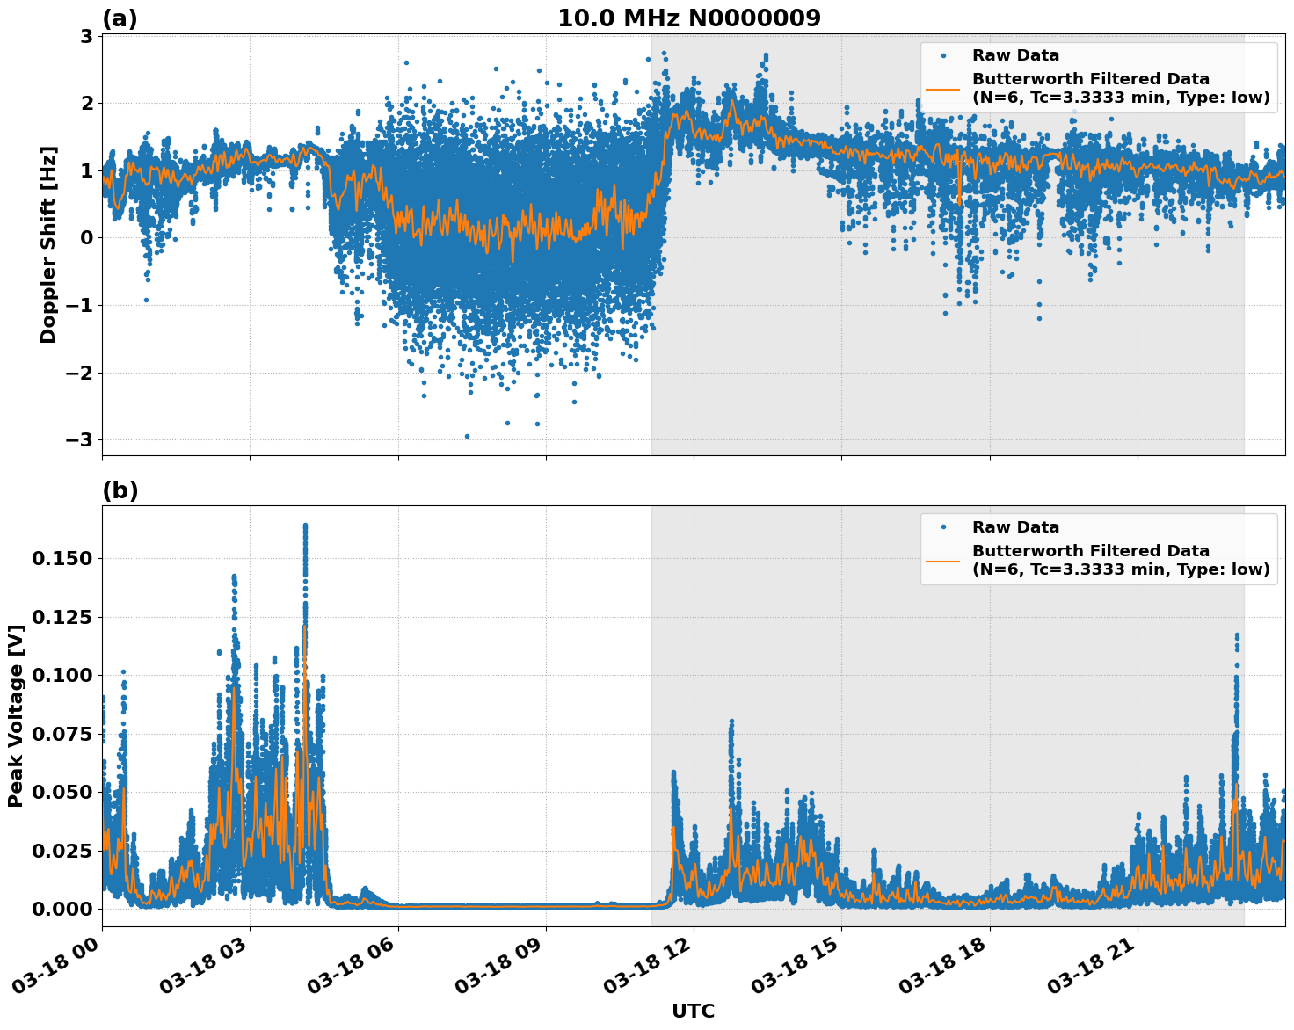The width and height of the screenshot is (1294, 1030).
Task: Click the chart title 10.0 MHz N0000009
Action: coord(689,18)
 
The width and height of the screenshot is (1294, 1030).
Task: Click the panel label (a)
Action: coord(120,18)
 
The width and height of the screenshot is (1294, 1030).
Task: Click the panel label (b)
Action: coord(120,490)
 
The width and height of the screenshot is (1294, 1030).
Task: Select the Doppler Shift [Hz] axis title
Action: coord(48,245)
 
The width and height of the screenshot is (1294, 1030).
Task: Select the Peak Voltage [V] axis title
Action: coord(15,715)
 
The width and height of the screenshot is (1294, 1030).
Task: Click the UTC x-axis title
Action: coord(693,1011)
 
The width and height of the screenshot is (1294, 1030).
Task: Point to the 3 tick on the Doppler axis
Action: coord(86,36)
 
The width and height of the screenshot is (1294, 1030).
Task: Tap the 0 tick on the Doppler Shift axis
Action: coord(86,238)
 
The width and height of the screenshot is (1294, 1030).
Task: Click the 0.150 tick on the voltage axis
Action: coord(62,559)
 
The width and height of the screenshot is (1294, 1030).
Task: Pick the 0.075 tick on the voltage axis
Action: coord(62,734)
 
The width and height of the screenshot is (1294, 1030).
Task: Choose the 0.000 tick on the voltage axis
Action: coord(62,909)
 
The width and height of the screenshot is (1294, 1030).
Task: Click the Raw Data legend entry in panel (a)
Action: coord(1015,55)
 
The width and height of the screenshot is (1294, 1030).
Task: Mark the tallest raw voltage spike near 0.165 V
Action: coord(305,526)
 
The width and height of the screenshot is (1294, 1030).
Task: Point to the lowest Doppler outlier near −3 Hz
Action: coord(467,436)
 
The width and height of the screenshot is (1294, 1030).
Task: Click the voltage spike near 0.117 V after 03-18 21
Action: coord(1237,635)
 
